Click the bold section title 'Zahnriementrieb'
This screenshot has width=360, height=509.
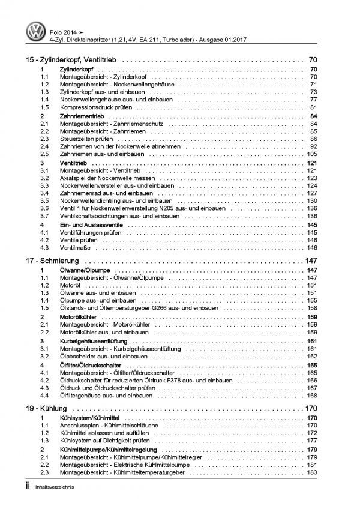[x=85, y=115]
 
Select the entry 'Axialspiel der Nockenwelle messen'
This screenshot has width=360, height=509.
[x=107, y=178]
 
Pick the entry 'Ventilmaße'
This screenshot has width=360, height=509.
[x=74, y=248]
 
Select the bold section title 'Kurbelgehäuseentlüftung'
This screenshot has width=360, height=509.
[x=97, y=341]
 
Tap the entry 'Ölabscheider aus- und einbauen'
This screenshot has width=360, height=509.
[x=105, y=357]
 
